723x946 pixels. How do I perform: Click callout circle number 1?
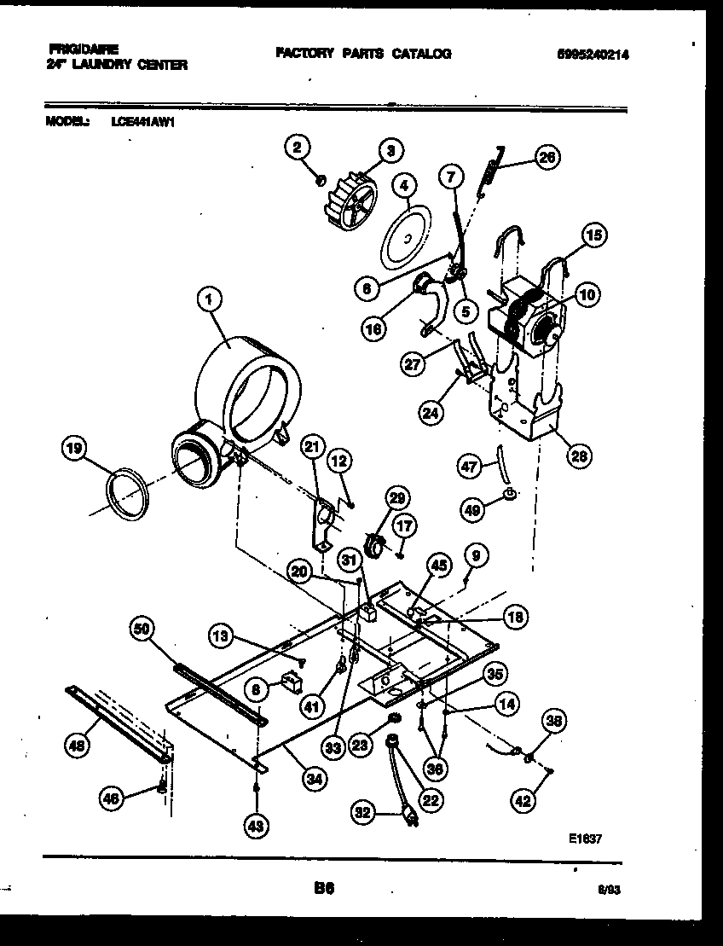click(210, 299)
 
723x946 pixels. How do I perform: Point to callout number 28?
click(579, 457)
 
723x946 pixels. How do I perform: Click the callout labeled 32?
click(365, 814)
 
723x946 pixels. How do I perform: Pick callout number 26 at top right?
click(547, 157)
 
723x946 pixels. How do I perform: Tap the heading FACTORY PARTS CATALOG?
click(363, 54)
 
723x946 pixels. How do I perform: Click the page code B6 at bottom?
click(323, 888)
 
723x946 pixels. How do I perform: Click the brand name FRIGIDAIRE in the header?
click(84, 49)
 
